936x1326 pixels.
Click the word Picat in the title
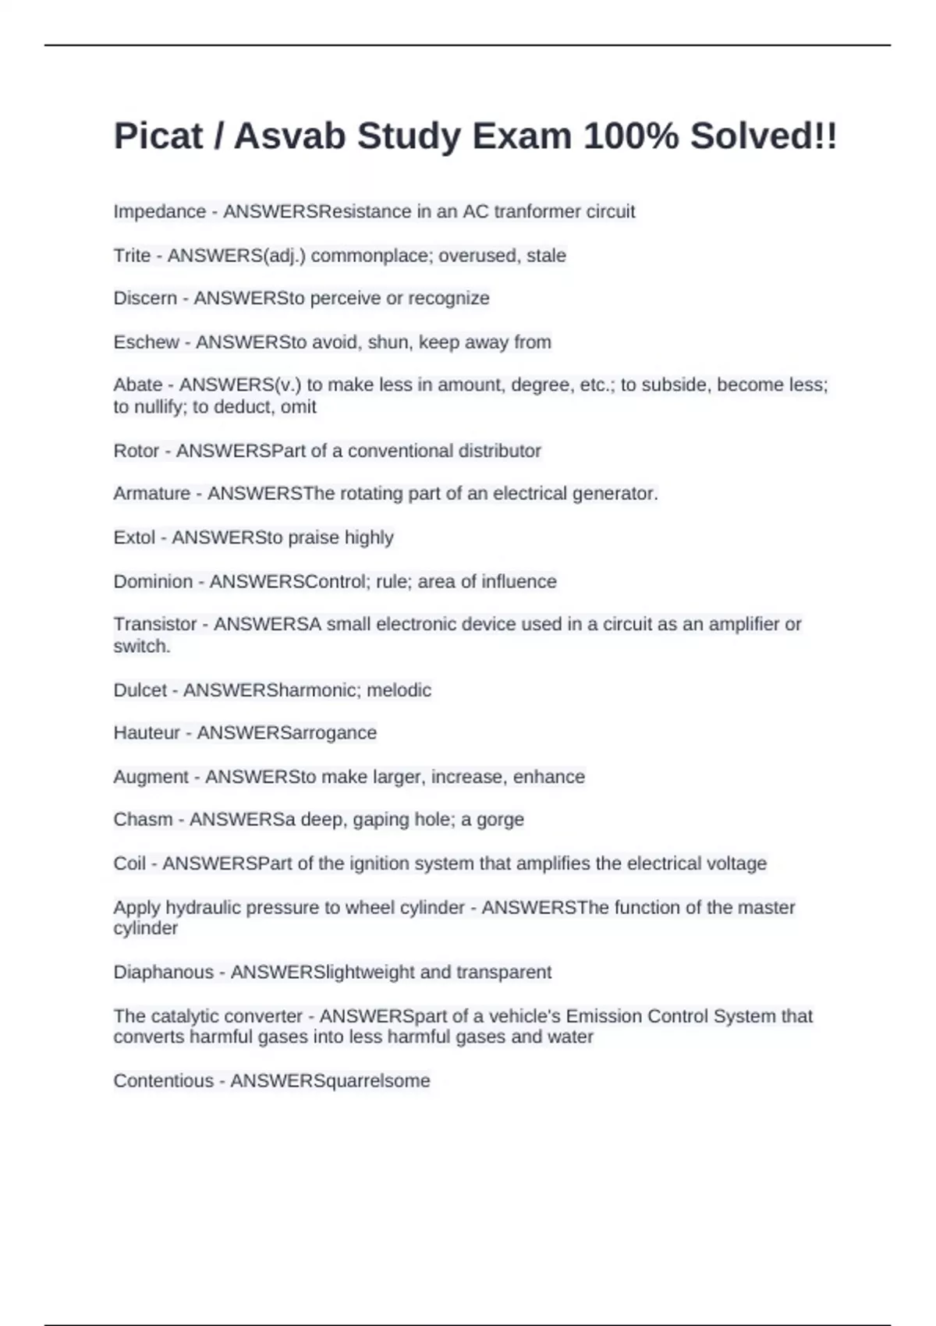click(158, 136)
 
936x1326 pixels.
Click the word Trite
click(132, 256)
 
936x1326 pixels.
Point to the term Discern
click(145, 299)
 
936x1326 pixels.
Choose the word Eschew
click(146, 342)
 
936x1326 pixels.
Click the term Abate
click(138, 385)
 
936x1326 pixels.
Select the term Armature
click(151, 494)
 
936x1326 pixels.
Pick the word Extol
click(134, 537)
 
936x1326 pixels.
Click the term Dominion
click(153, 582)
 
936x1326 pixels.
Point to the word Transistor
click(155, 625)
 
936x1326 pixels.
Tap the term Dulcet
click(140, 690)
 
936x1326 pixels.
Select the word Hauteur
click(147, 733)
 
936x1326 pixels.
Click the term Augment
click(151, 777)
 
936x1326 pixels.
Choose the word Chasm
click(141, 820)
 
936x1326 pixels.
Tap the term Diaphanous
click(163, 973)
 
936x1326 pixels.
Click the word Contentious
click(163, 1081)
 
